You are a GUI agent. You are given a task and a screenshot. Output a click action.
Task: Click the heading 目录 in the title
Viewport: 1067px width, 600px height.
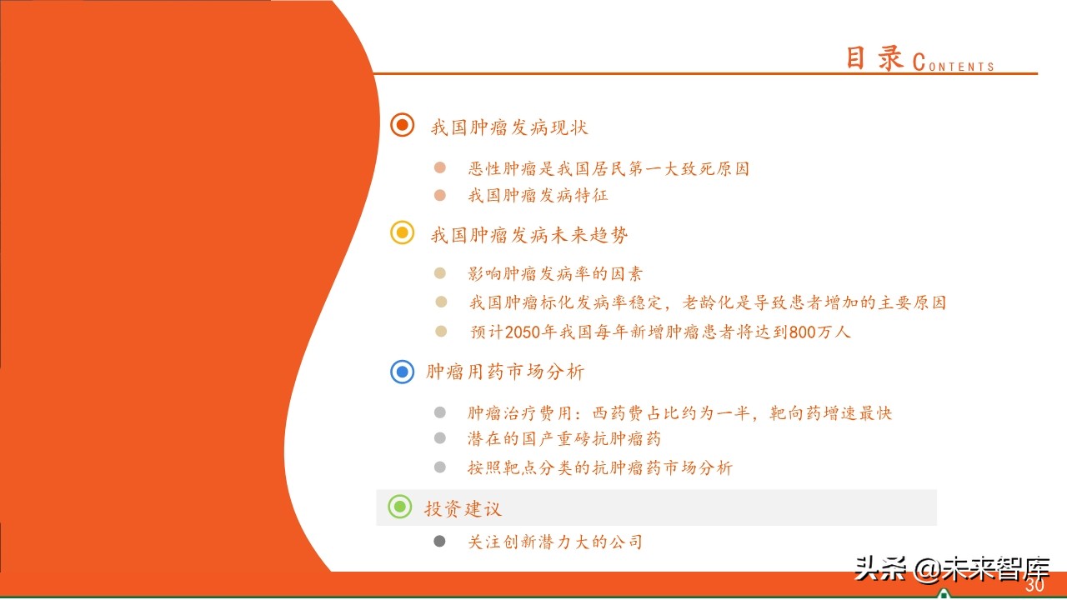(874, 58)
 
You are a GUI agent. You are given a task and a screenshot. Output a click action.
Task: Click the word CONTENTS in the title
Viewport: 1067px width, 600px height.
(954, 63)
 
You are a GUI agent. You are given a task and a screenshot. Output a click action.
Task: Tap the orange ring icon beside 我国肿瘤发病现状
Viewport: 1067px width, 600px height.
(403, 125)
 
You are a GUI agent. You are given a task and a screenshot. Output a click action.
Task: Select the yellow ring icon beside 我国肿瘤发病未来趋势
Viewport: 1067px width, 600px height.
(403, 233)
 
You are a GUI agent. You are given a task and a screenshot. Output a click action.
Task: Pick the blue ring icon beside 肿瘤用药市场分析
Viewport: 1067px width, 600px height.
(403, 371)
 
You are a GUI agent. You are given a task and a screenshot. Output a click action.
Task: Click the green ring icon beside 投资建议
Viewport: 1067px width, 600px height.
(400, 506)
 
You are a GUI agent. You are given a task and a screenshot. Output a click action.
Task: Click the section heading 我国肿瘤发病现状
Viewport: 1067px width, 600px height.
(509, 127)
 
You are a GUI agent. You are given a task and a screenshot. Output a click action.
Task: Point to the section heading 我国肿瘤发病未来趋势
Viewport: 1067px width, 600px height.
(529, 236)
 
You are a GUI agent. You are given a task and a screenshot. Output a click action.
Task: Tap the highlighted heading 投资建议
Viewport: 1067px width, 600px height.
(463, 508)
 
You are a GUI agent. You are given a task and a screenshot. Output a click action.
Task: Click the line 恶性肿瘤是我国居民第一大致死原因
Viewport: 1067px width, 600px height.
(609, 169)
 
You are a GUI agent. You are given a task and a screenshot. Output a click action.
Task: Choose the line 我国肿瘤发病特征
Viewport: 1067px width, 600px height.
(538, 196)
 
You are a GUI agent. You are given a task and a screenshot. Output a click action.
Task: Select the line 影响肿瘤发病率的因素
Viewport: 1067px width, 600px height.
(555, 273)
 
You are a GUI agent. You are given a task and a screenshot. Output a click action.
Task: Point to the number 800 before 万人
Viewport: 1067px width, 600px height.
(803, 332)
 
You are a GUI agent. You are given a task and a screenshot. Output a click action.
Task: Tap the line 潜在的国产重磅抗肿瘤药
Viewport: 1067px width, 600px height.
(564, 438)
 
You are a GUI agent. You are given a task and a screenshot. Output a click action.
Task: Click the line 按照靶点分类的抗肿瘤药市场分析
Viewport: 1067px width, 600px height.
(599, 467)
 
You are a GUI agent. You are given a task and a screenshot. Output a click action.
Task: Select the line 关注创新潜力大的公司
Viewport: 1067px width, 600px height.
(555, 542)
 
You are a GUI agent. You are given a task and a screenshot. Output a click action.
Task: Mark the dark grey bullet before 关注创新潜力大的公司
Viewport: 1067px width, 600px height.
(440, 542)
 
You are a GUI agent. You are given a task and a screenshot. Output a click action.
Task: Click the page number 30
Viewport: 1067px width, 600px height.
(1034, 586)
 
